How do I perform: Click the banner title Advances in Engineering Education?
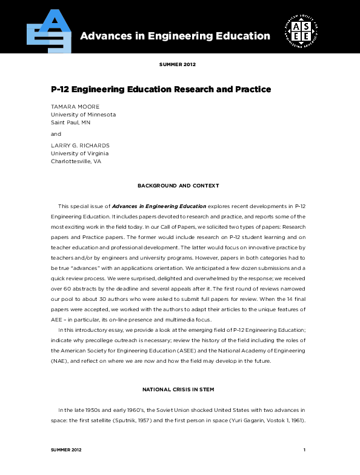[x=175, y=36]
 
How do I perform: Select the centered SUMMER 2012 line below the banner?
[x=177, y=64]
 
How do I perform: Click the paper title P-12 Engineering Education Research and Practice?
[x=161, y=89]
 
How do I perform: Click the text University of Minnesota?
[x=83, y=114]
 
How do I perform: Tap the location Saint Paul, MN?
[x=70, y=122]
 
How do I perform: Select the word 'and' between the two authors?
[x=56, y=133]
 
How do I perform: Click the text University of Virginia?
[x=79, y=154]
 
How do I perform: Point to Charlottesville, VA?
[x=76, y=162]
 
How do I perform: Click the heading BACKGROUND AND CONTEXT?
[x=178, y=186]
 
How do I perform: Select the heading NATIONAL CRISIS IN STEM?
[x=178, y=389]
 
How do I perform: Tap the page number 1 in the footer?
[x=304, y=450]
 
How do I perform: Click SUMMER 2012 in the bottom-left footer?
[x=66, y=450]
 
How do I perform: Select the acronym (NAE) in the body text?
[x=61, y=360]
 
